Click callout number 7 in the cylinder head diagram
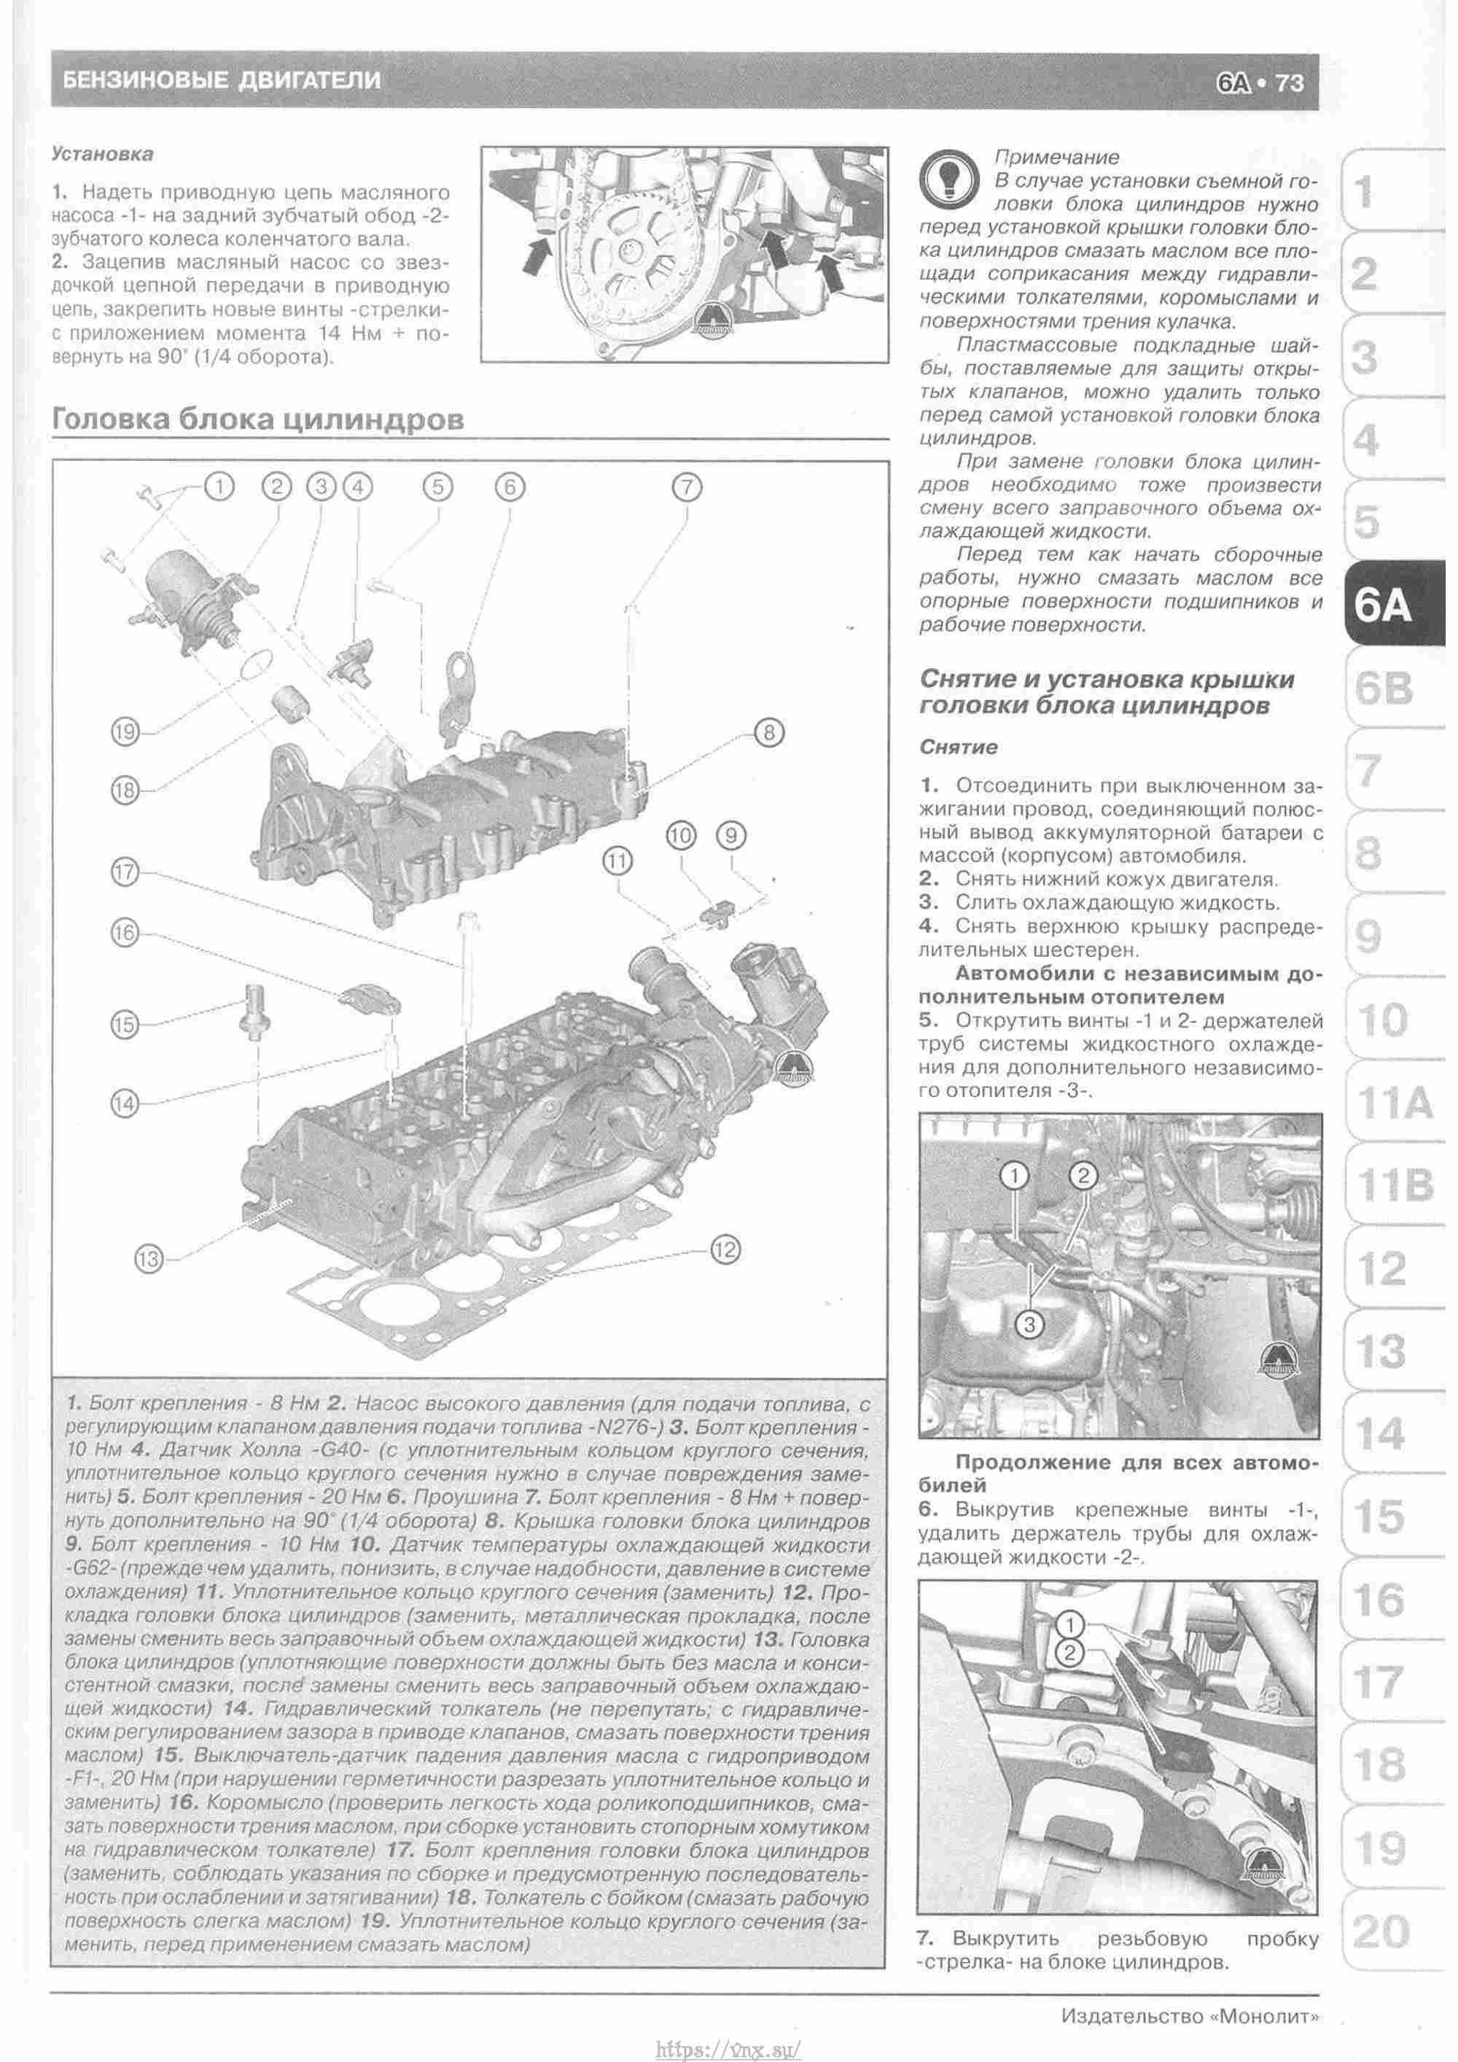click(686, 488)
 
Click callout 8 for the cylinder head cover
click(768, 733)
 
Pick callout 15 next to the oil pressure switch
click(125, 1024)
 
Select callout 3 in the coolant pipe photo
click(1030, 1324)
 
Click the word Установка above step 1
click(102, 154)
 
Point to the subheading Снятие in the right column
click(959, 747)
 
